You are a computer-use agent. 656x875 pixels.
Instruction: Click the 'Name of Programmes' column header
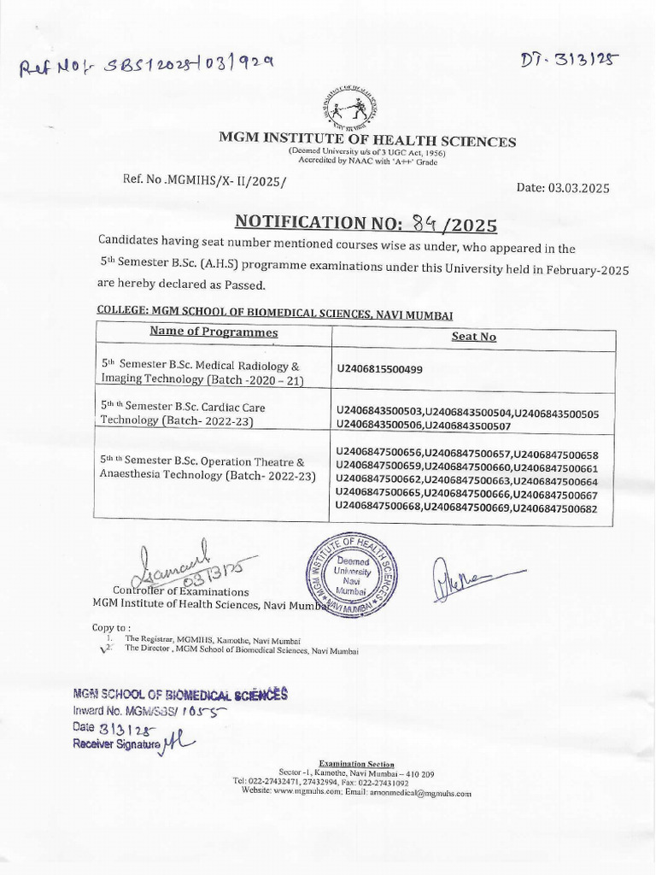pos(214,332)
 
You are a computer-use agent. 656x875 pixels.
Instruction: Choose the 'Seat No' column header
pos(473,337)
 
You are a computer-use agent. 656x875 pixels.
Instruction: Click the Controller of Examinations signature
pos(179,566)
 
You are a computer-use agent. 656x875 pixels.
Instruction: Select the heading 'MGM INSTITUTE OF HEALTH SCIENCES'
pos(367,141)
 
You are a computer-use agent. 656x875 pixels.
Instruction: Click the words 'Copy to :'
pos(112,627)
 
